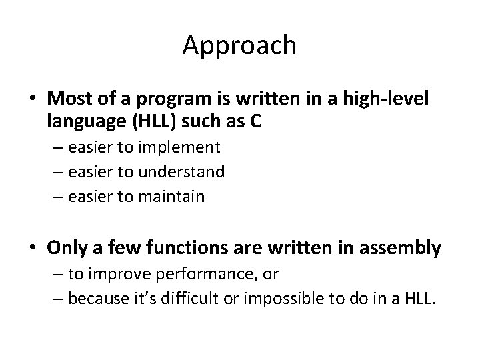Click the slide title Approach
tap(239, 46)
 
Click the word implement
tap(182, 147)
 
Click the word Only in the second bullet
tap(66, 249)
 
